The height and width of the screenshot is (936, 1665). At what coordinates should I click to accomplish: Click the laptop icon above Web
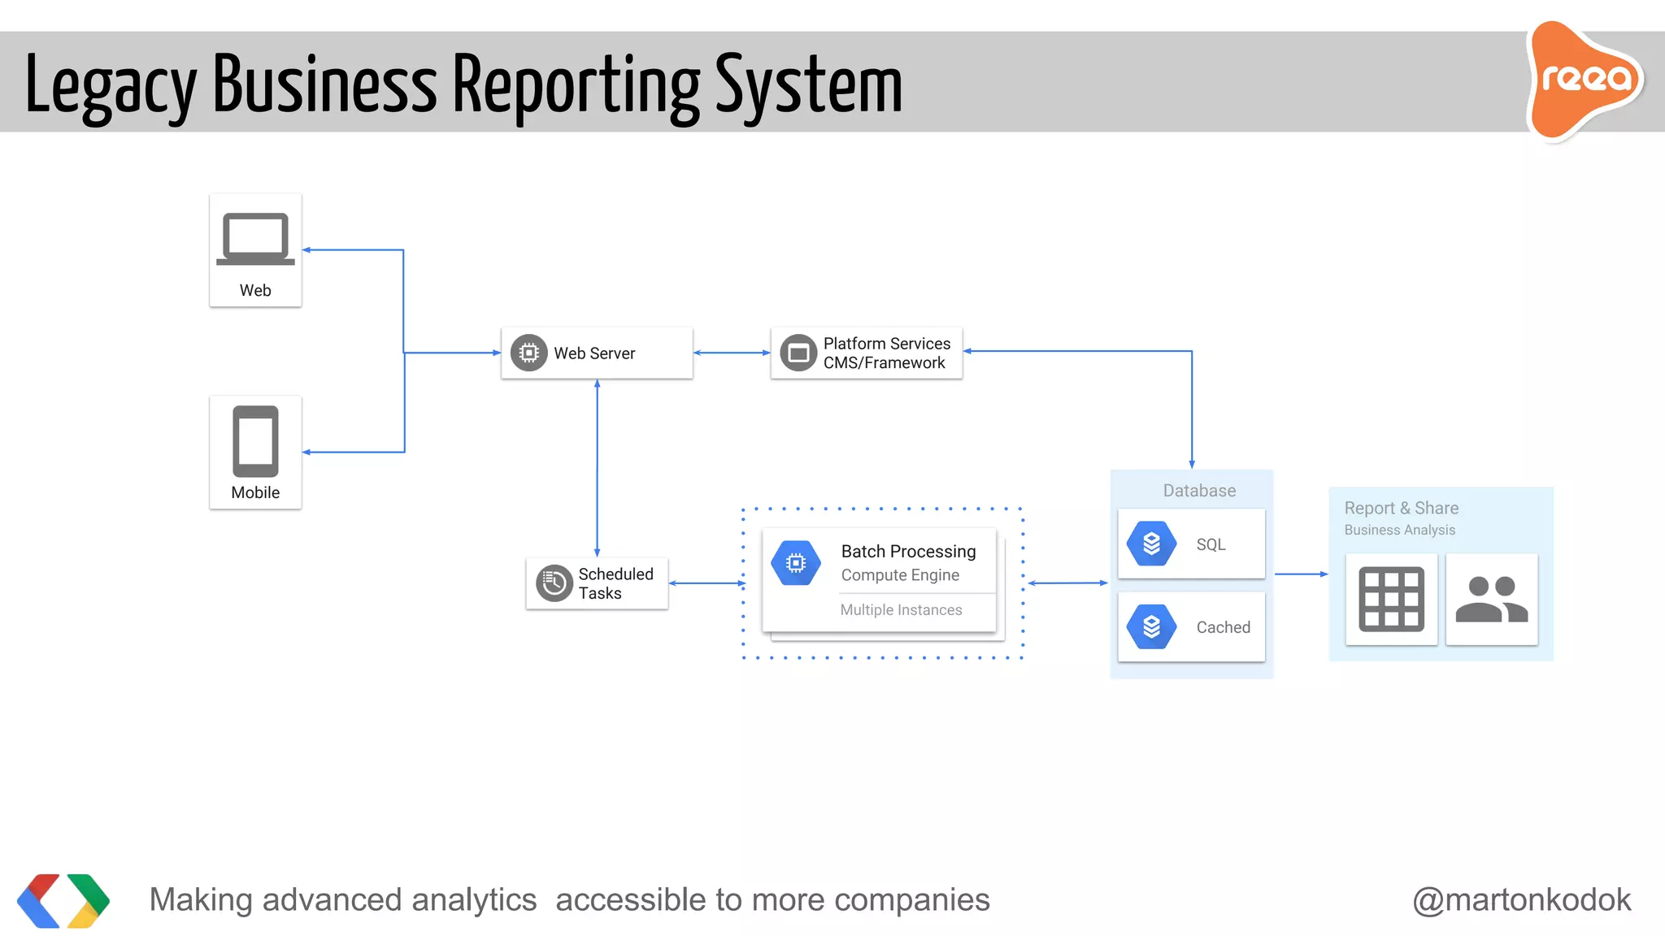(x=255, y=239)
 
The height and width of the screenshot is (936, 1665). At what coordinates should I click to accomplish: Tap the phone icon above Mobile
(x=255, y=441)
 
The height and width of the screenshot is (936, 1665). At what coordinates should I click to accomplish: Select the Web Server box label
(x=594, y=353)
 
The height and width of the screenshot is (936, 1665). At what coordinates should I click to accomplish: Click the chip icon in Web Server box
(x=528, y=353)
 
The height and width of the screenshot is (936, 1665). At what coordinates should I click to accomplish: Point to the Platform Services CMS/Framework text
(x=886, y=353)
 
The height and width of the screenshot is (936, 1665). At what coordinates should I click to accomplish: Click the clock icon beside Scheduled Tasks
(x=554, y=583)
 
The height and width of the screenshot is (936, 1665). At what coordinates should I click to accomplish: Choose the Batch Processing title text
(x=908, y=552)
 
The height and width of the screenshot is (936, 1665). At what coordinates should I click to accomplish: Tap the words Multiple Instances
(x=901, y=610)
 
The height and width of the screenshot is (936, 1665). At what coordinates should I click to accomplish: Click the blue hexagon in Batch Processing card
(x=796, y=562)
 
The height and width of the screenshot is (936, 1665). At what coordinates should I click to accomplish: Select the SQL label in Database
(x=1211, y=544)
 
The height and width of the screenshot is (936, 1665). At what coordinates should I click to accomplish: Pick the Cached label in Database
(x=1223, y=627)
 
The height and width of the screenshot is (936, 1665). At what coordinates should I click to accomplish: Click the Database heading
(x=1199, y=491)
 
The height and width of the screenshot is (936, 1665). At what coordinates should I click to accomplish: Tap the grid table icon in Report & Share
(x=1391, y=600)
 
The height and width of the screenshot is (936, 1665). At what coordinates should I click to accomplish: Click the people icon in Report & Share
(x=1491, y=600)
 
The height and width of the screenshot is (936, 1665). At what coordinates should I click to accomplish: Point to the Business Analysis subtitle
(x=1399, y=530)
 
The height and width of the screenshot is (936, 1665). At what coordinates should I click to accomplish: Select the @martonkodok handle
(x=1521, y=899)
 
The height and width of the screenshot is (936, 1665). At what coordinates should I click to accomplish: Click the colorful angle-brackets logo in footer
(x=63, y=900)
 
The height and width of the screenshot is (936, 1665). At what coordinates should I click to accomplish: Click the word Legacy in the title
(x=111, y=86)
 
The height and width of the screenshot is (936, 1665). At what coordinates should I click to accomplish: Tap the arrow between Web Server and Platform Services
(x=732, y=353)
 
